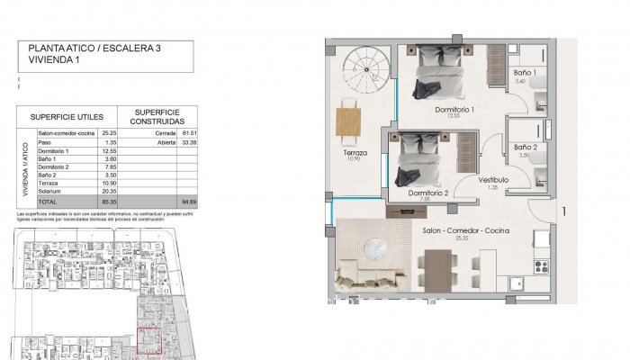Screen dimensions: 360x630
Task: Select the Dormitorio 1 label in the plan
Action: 454,110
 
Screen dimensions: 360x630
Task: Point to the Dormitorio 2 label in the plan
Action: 427,193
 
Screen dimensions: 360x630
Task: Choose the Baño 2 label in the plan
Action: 526,147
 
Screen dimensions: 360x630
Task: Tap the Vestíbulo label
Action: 494,180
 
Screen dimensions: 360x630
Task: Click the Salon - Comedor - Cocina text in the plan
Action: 466,231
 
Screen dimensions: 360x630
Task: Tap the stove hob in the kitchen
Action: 542,266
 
